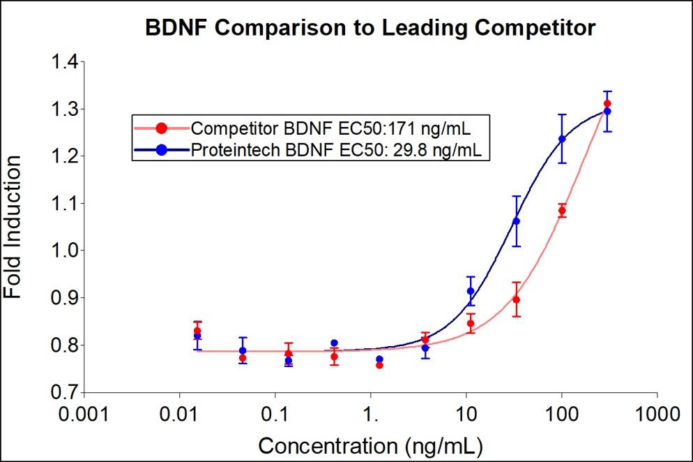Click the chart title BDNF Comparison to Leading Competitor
(x=370, y=28)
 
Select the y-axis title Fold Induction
(x=13, y=227)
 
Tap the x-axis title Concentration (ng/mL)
(x=370, y=445)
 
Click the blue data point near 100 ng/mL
(x=562, y=139)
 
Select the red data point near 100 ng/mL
(x=562, y=210)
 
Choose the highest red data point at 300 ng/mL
(x=607, y=103)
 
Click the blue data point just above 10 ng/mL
(x=471, y=291)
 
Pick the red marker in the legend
(x=162, y=128)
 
